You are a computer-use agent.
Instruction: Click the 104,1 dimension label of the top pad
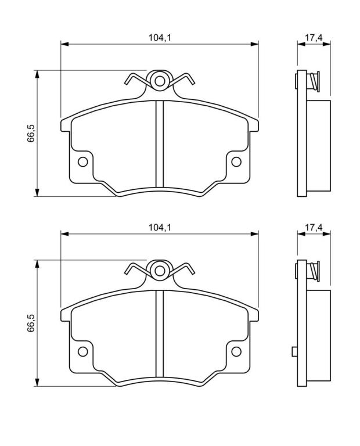160,38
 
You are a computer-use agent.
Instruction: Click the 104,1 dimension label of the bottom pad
160,227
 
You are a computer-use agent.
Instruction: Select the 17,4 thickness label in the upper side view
314,38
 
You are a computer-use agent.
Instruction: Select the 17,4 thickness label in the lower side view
314,227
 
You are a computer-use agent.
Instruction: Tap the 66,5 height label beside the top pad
30,133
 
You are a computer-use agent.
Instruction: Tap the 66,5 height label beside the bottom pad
30,323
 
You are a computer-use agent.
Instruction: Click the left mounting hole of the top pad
83,162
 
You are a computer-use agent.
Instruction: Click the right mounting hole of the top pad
236,162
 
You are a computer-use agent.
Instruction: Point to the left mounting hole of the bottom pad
83,351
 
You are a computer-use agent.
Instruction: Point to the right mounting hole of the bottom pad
236,351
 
